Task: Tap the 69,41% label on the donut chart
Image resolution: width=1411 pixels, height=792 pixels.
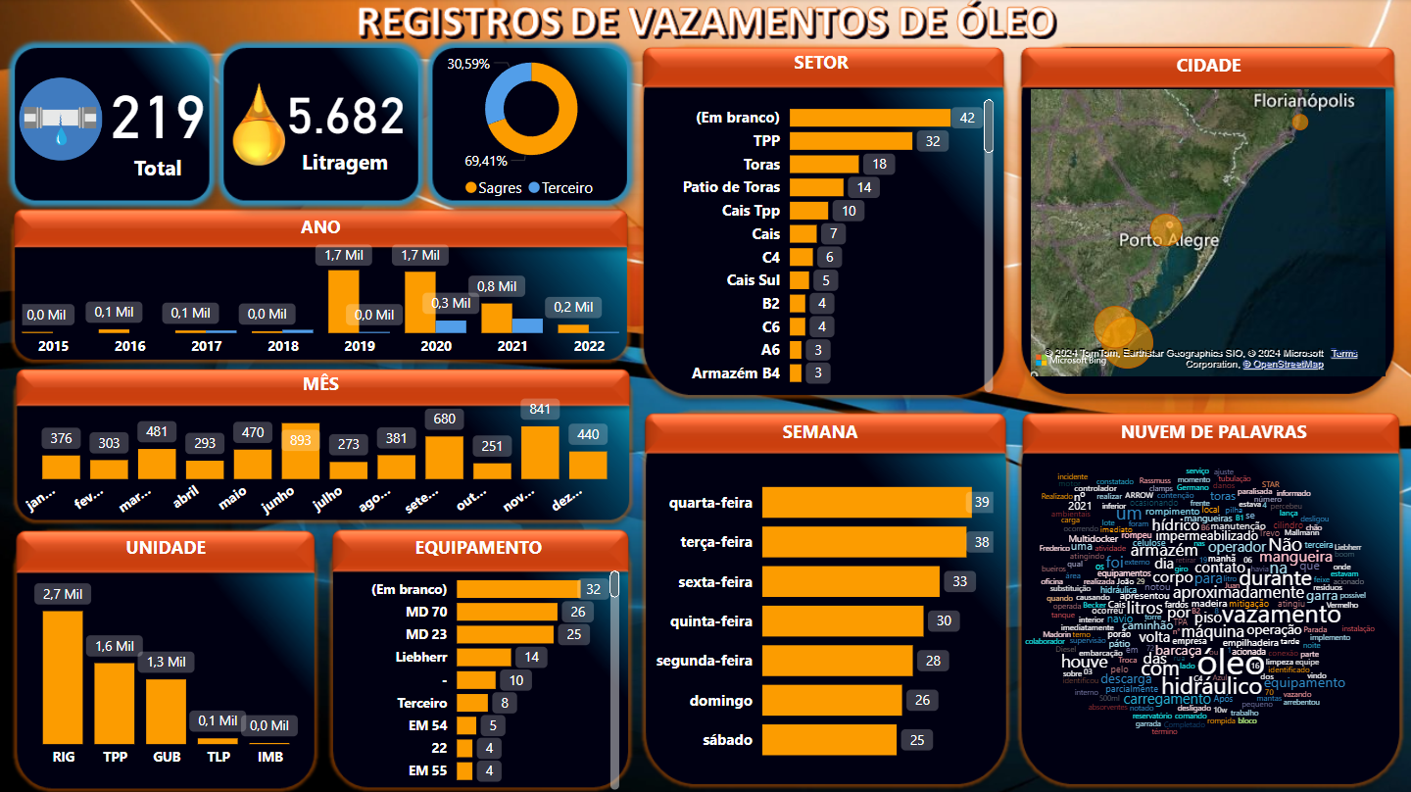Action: pos(485,160)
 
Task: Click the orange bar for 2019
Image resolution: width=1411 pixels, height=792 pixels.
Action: pos(343,301)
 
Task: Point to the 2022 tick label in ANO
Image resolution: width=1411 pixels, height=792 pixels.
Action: pos(589,346)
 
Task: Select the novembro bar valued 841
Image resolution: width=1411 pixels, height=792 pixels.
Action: pos(540,452)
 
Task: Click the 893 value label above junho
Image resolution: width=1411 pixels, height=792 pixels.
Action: pos(301,440)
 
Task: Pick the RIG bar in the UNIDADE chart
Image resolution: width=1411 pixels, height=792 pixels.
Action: pos(63,676)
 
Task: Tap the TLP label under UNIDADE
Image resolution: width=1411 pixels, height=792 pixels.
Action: pos(217,757)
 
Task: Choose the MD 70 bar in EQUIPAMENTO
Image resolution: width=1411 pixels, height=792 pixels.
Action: pos(507,613)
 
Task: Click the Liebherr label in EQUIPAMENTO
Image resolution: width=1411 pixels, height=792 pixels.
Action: pos(421,657)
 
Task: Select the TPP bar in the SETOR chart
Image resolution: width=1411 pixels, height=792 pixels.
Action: pos(851,141)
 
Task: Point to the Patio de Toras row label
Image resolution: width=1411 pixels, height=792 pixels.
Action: pos(731,186)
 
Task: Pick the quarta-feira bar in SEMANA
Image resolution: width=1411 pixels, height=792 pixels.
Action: pos(866,503)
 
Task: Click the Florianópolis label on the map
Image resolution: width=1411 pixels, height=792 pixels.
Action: pos(1303,101)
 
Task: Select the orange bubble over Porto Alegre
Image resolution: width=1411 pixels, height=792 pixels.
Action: pos(1166,230)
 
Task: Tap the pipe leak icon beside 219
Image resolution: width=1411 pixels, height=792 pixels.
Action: pos(61,119)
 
